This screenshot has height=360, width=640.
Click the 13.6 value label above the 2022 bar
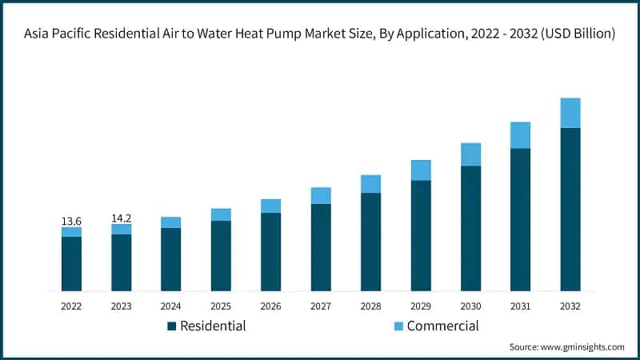pyautogui.click(x=71, y=220)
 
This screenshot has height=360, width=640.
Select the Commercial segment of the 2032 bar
pyautogui.click(x=570, y=113)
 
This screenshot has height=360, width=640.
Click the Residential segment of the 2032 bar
pyautogui.click(x=570, y=209)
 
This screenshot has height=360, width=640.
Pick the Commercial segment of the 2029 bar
pyautogui.click(x=421, y=170)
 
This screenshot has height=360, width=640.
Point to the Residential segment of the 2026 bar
pyautogui.click(x=271, y=251)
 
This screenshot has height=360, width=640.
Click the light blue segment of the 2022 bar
pyautogui.click(x=71, y=232)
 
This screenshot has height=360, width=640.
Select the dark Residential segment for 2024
pyautogui.click(x=171, y=259)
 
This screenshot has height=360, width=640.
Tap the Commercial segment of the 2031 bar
pyautogui.click(x=521, y=135)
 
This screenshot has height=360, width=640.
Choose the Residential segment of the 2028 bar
pyautogui.click(x=371, y=242)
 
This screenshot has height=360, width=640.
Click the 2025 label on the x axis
pyautogui.click(x=221, y=306)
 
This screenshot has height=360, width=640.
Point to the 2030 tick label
pyautogui.click(x=470, y=306)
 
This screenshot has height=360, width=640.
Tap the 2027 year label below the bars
pyautogui.click(x=321, y=306)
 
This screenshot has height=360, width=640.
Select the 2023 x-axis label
pyautogui.click(x=121, y=306)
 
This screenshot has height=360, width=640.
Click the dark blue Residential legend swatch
pyautogui.click(x=171, y=326)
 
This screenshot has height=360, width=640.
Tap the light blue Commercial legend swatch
pyautogui.click(x=398, y=326)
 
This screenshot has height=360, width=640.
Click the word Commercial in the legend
pyautogui.click(x=442, y=326)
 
